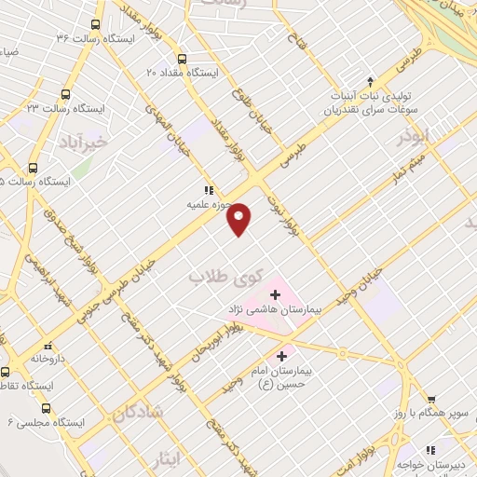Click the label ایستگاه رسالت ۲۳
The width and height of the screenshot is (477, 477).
[102, 109]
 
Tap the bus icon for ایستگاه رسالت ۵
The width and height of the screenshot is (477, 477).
[34, 169]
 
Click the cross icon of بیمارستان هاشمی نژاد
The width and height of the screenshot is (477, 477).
[274, 294]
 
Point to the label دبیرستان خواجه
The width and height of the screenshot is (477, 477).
[441, 462]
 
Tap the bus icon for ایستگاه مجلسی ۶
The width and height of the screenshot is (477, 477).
[46, 408]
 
